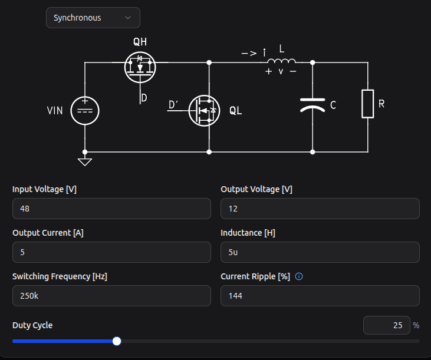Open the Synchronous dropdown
pyautogui.click(x=93, y=18)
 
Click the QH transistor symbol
pyautogui.click(x=140, y=67)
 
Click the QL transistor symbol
pyautogui.click(x=204, y=110)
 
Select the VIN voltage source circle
pyautogui.click(x=85, y=110)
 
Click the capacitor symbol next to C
pyautogui.click(x=312, y=105)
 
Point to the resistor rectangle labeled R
pyautogui.click(x=368, y=104)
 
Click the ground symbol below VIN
pyautogui.click(x=85, y=160)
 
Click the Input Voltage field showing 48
pyautogui.click(x=111, y=209)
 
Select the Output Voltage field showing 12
pyautogui.click(x=320, y=209)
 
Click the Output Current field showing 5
pyautogui.click(x=111, y=252)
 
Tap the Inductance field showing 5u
pyautogui.click(x=320, y=252)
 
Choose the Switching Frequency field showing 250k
pyautogui.click(x=111, y=296)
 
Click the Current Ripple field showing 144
pyautogui.click(x=320, y=296)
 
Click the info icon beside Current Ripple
pyautogui.click(x=299, y=276)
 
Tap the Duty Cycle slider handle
pyautogui.click(x=117, y=341)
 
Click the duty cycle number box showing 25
pyautogui.click(x=386, y=325)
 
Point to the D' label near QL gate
pyautogui.click(x=174, y=105)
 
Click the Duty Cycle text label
pyautogui.click(x=32, y=325)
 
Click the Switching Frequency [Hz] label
pyautogui.click(x=60, y=276)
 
